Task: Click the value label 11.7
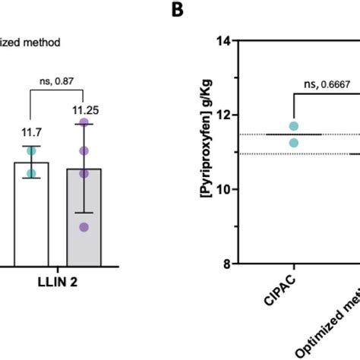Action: [30, 130]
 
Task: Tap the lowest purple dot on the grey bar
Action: [84, 226]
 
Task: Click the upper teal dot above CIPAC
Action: [294, 126]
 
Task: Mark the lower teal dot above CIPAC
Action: [294, 142]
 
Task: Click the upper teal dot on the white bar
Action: [31, 151]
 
